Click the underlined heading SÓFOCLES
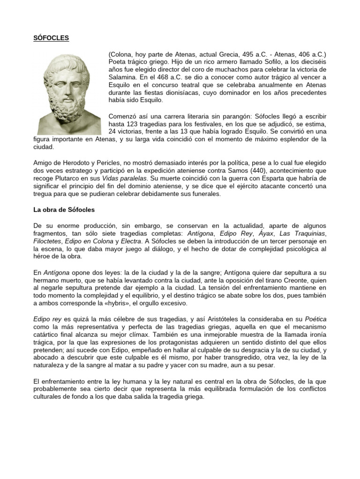click(52, 38)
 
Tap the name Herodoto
click(71, 163)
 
